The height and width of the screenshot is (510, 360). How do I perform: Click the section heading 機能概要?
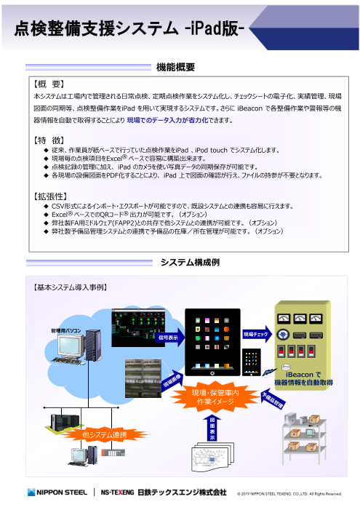[175, 67]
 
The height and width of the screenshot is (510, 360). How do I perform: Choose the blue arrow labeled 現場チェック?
[257, 332]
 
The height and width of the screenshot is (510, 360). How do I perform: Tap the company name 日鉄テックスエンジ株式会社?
[183, 492]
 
